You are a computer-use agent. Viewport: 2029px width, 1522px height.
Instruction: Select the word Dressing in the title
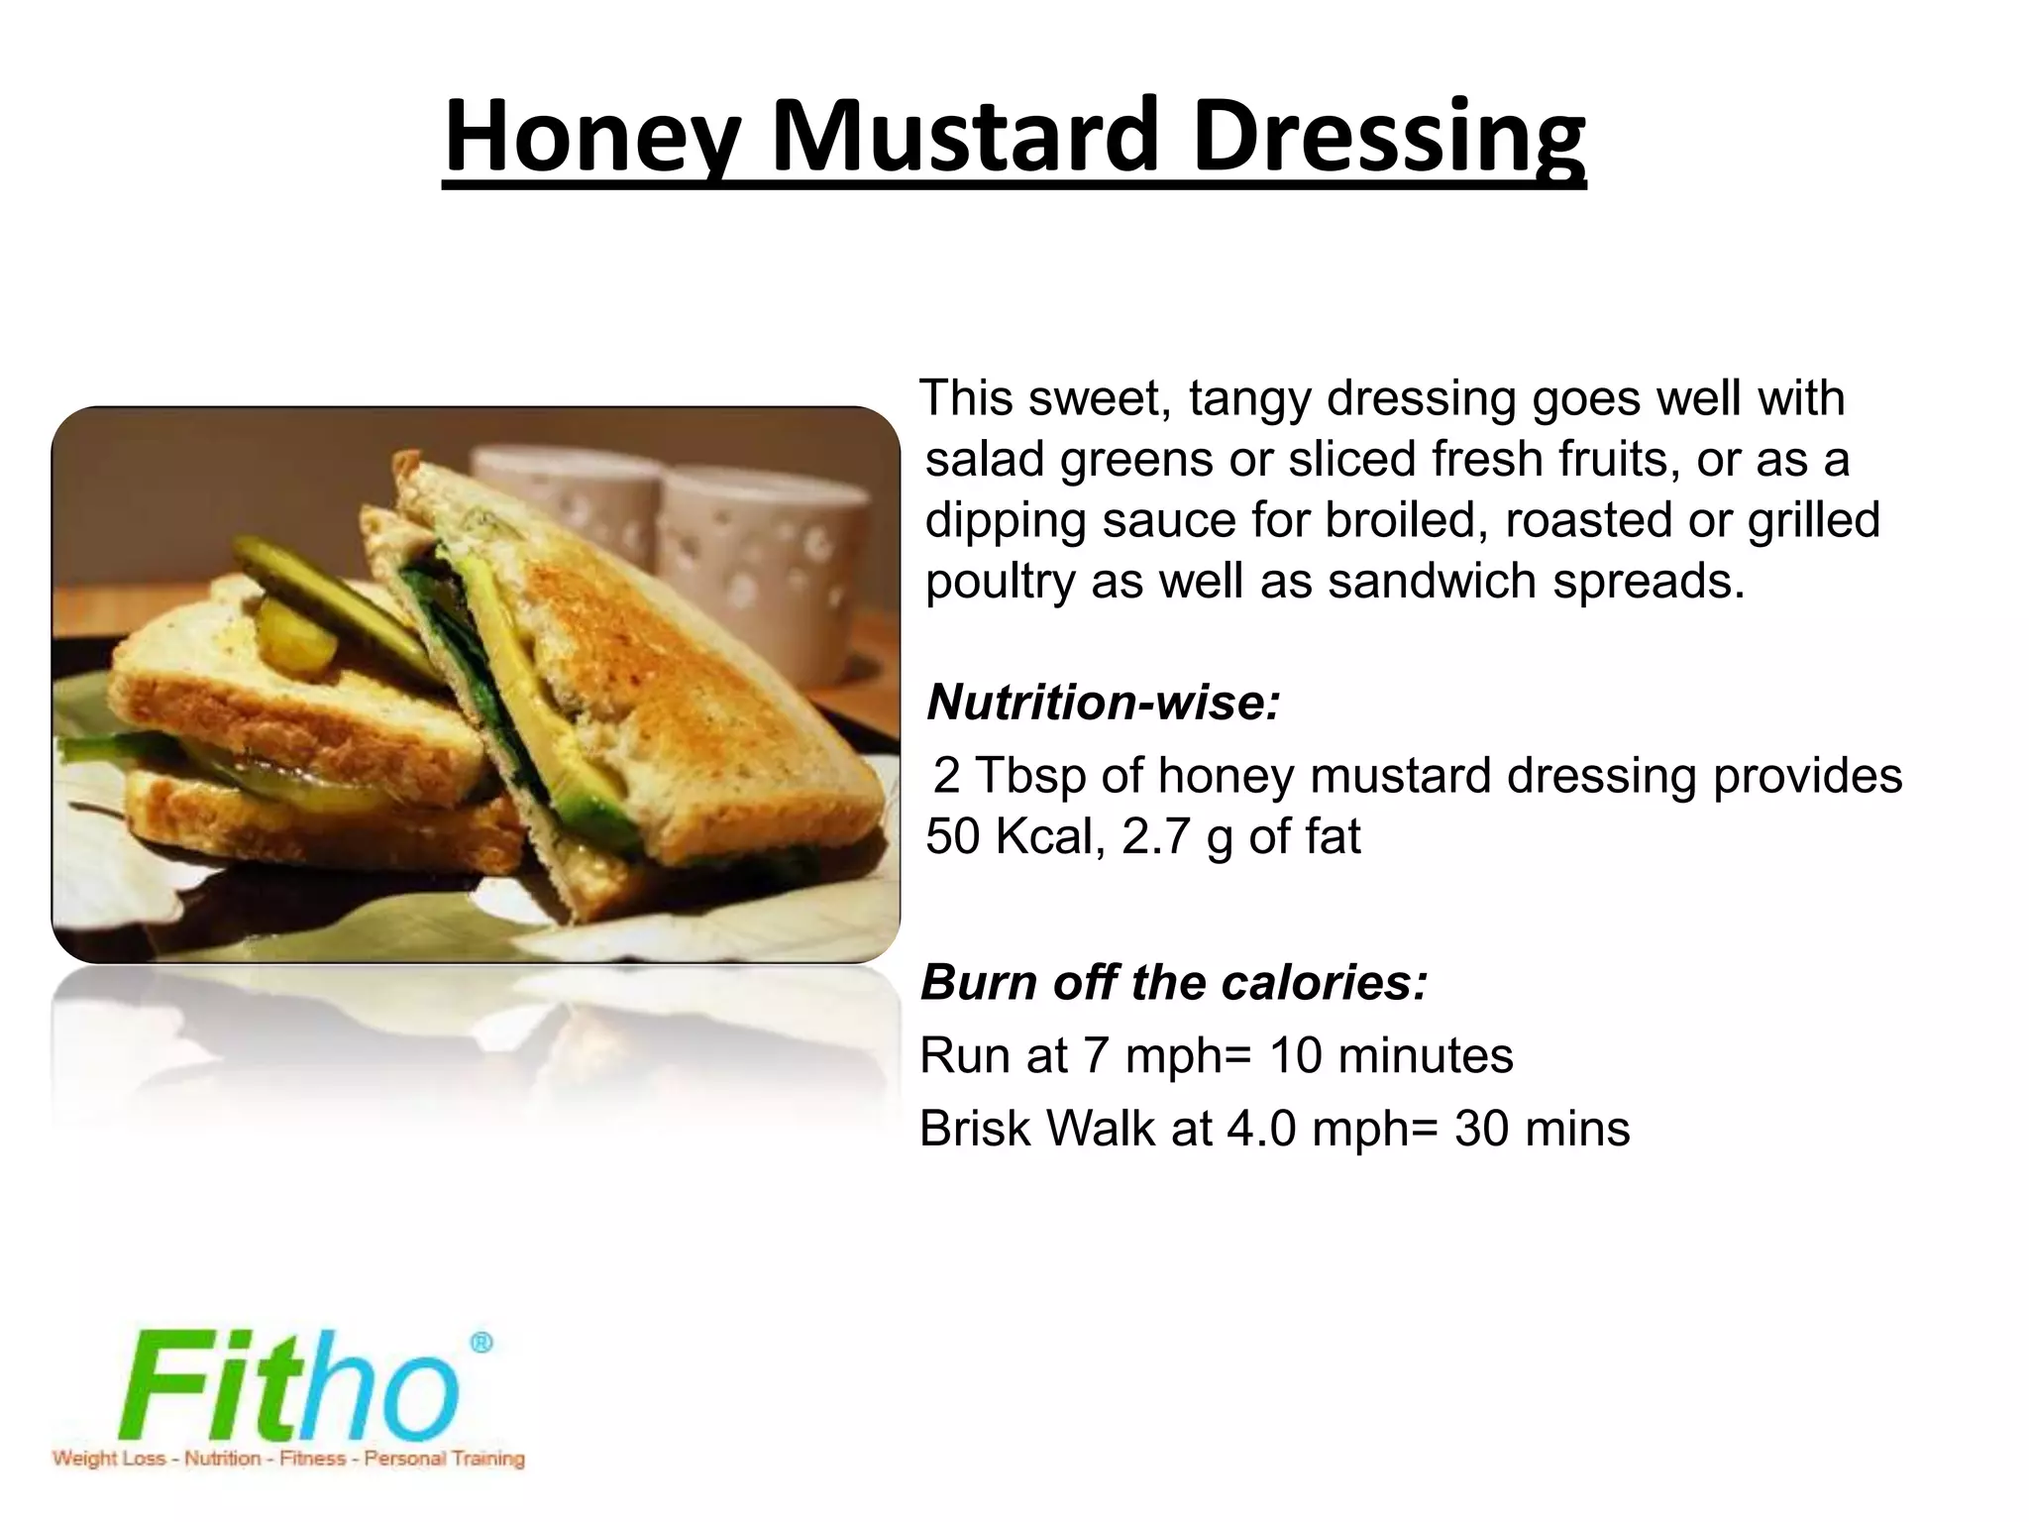pyautogui.click(x=1388, y=139)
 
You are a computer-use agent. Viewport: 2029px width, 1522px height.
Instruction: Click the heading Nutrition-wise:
pyautogui.click(x=1104, y=703)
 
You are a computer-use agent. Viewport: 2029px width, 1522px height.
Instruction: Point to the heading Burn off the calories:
pyautogui.click(x=1174, y=983)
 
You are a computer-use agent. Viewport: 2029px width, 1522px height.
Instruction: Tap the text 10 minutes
pyautogui.click(x=1391, y=1055)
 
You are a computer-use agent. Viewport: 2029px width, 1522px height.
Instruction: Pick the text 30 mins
pyautogui.click(x=1542, y=1129)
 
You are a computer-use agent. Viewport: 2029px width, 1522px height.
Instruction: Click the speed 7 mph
pyautogui.click(x=1153, y=1055)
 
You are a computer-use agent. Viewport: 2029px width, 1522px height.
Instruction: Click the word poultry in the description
pyautogui.click(x=1000, y=583)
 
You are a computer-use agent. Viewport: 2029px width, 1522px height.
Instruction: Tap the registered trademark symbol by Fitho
pyautogui.click(x=481, y=1343)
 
